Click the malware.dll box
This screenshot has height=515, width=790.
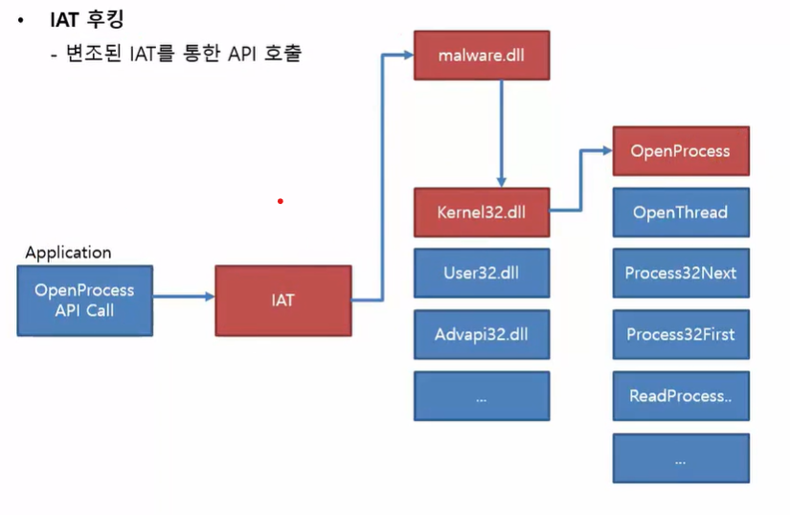[x=482, y=56]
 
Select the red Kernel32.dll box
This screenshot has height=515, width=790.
[x=482, y=212]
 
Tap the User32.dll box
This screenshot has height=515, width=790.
[x=482, y=273]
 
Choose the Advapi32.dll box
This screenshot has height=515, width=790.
[x=482, y=334]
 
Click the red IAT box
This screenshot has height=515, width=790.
[x=282, y=300]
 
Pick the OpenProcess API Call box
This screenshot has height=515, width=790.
[x=84, y=301]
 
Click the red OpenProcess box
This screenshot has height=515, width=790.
[x=680, y=151]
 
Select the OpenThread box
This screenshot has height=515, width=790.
[x=680, y=213]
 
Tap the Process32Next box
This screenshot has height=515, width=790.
[x=680, y=273]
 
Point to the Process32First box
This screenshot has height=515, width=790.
[x=680, y=334]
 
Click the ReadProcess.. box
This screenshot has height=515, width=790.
[x=680, y=395]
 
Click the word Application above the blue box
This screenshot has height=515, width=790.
[x=68, y=253]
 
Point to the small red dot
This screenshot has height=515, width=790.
[x=280, y=201]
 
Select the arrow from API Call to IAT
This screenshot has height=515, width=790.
[x=183, y=297]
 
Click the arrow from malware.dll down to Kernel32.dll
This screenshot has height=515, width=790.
[x=501, y=134]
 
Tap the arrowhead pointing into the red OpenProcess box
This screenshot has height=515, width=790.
[x=606, y=149]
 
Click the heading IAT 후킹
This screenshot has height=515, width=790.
[x=87, y=18]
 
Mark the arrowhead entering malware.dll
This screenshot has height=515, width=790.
[x=407, y=55]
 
